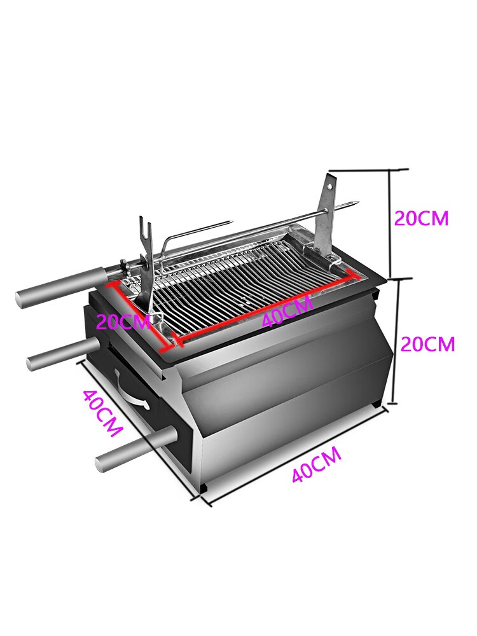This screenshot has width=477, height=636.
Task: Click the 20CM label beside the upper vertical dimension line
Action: pos(422,218)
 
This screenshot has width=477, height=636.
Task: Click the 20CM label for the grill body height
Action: pos(428,344)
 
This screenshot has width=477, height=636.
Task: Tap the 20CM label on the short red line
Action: pos(123,322)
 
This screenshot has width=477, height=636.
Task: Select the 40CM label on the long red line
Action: pos(287,311)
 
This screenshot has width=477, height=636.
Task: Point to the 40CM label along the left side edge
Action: pos(102,413)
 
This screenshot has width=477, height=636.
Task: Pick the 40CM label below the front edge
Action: pos(316,464)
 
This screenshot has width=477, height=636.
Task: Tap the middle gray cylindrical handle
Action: pos(64,354)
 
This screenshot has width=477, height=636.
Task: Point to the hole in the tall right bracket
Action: pos(330,185)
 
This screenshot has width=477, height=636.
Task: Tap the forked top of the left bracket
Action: pos(144,226)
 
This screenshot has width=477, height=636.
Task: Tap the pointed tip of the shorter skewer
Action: pos(230,221)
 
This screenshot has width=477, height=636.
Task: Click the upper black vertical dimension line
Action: pos(391,224)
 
